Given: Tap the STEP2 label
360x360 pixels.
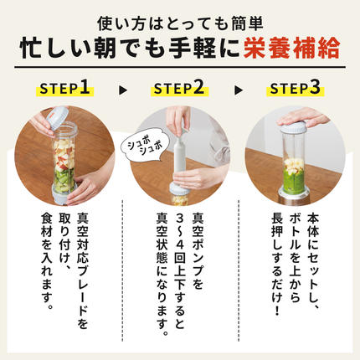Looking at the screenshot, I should [x=179, y=87].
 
